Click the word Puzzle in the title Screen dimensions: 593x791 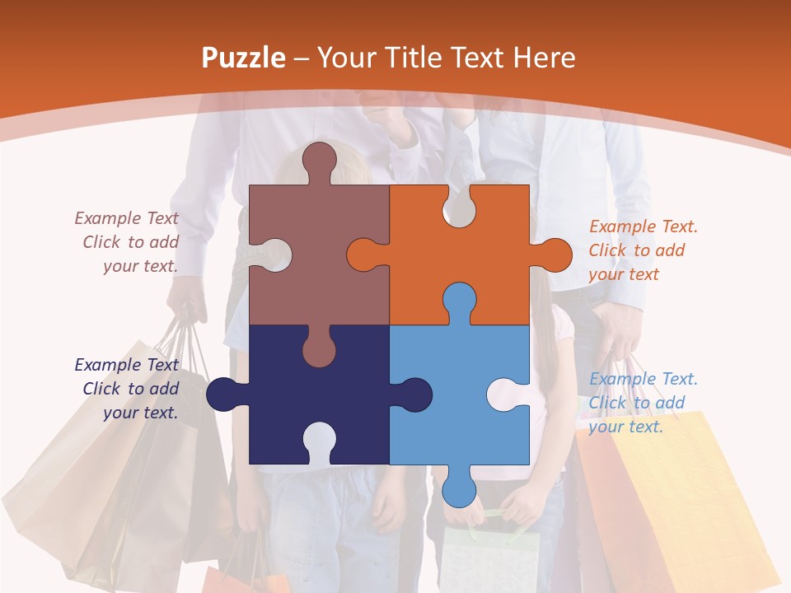click(243, 58)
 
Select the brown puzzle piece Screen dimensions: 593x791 click(330, 247)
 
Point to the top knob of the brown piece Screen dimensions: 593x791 click(319, 161)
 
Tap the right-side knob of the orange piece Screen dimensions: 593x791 click(554, 255)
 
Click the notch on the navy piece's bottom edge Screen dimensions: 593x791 click(319, 440)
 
